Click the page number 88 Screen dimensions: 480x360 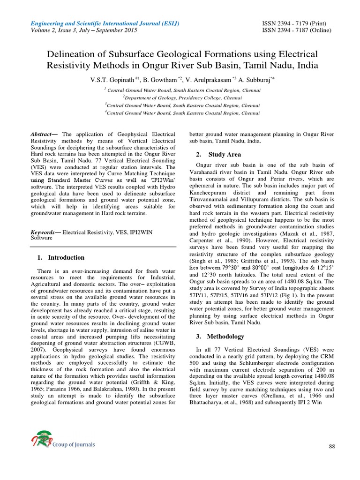332,446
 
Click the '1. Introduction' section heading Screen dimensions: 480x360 60,257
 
